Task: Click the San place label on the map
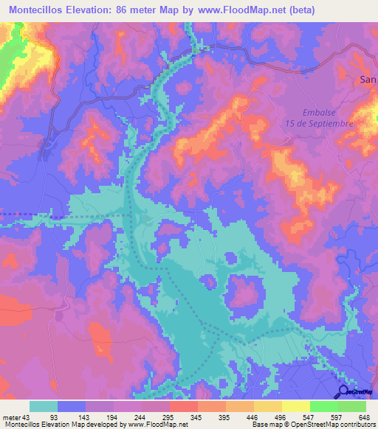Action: coord(367,79)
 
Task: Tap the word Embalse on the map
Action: coord(320,112)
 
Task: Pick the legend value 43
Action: coord(28,416)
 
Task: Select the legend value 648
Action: coord(360,416)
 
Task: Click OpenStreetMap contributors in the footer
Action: coord(336,425)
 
